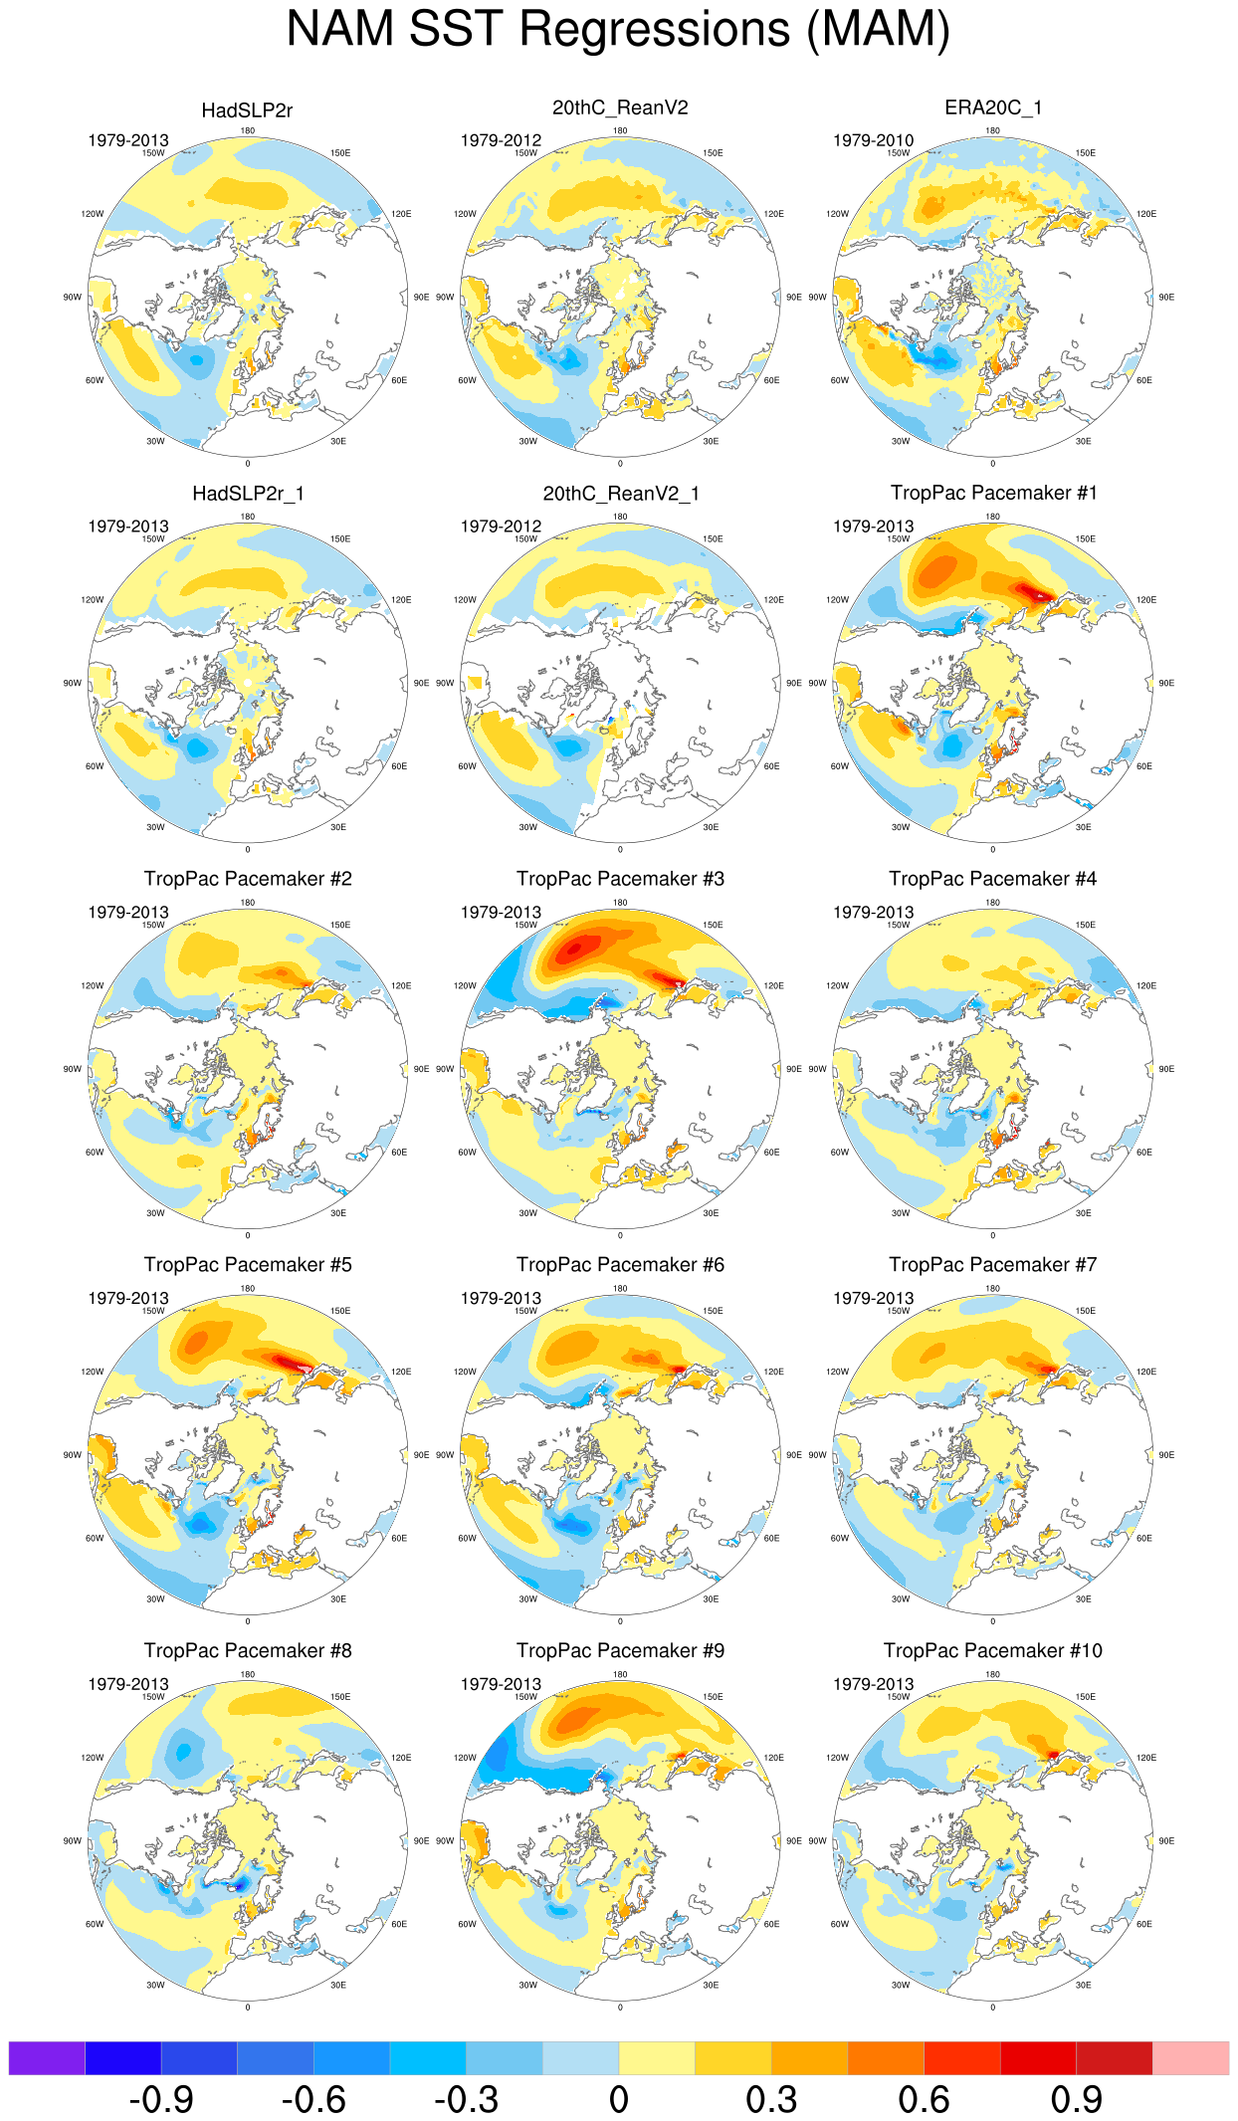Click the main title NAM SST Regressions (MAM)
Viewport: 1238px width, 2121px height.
618,30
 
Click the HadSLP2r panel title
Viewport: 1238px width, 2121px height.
247,110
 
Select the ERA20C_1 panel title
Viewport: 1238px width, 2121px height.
993,107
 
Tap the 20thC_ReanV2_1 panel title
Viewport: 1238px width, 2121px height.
621,494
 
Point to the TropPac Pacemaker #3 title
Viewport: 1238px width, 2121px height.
620,879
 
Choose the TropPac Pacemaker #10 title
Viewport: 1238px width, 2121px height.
993,1650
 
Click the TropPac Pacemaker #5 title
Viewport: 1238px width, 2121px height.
248,1265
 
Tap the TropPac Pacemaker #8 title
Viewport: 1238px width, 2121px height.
248,1650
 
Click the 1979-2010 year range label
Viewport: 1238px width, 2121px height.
873,140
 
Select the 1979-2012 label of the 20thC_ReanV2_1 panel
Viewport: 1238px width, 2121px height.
501,526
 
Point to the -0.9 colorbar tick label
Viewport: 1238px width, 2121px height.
161,2100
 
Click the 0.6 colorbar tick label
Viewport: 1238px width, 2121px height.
924,2100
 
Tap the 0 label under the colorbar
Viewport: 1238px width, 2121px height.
619,2100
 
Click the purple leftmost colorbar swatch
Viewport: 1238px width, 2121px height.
47,2058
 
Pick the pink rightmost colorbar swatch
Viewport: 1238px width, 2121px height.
1190,2058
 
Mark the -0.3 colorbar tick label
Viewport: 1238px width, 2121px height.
466,2100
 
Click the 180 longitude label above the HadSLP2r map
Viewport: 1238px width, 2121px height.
247,130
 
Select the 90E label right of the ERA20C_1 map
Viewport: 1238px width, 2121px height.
1166,297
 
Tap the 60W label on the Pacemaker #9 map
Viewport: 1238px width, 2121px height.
467,1924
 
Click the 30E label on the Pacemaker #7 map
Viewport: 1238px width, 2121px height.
1083,1599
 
